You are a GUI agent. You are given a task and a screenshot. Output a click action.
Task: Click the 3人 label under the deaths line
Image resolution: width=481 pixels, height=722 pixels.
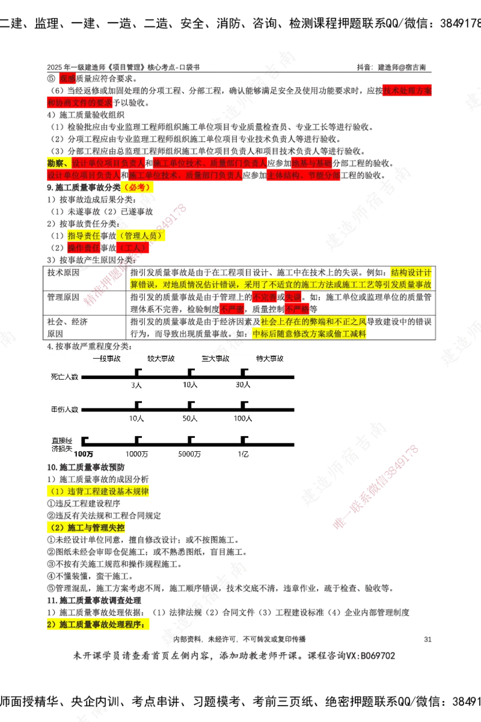(136, 385)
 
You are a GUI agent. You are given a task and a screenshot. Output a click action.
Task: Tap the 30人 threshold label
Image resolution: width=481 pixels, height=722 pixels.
(244, 385)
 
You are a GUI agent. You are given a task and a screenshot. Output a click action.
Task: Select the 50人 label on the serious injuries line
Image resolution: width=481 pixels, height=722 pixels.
(190, 418)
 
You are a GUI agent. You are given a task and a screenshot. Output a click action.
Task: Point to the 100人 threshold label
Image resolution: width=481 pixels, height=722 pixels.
(243, 418)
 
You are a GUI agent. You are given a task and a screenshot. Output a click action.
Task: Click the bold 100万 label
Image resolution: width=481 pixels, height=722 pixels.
(84, 454)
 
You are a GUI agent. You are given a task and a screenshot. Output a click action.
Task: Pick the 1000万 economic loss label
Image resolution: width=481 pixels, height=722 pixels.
(136, 454)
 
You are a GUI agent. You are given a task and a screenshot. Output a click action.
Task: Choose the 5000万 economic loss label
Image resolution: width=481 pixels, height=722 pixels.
(190, 454)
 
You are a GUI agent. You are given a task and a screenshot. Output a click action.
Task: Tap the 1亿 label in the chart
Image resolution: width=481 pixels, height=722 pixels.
(243, 454)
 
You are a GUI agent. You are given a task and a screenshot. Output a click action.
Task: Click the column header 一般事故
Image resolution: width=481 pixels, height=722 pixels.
(106, 358)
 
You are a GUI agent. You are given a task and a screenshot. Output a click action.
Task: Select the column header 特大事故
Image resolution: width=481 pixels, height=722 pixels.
(269, 358)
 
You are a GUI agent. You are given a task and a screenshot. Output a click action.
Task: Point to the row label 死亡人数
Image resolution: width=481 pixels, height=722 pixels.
(64, 377)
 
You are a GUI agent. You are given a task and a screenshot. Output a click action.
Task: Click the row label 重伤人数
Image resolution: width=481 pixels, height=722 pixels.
(64, 410)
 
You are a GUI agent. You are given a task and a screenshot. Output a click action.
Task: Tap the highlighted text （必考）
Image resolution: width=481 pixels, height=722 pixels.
(137, 188)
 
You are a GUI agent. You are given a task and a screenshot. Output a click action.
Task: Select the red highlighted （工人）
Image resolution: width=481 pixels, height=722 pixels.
(131, 247)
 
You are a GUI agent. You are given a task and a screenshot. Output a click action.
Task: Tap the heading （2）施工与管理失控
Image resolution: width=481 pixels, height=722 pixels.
(87, 528)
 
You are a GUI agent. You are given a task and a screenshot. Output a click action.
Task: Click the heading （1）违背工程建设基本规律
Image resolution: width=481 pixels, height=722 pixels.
(99, 492)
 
